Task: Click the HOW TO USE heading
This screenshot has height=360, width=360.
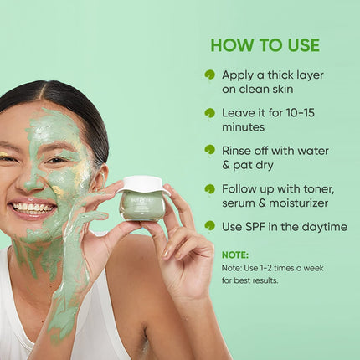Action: [x=265, y=44]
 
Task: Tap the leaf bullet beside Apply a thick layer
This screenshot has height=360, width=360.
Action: [x=209, y=75]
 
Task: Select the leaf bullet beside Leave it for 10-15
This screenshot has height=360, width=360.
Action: [x=209, y=112]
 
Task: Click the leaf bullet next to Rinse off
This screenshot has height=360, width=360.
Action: [x=209, y=150]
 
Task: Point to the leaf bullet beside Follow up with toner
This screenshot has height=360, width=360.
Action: [x=209, y=188]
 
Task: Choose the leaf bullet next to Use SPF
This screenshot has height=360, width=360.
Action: [x=209, y=226]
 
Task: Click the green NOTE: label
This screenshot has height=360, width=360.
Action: [x=235, y=254]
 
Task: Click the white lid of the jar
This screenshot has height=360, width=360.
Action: [x=142, y=184]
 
